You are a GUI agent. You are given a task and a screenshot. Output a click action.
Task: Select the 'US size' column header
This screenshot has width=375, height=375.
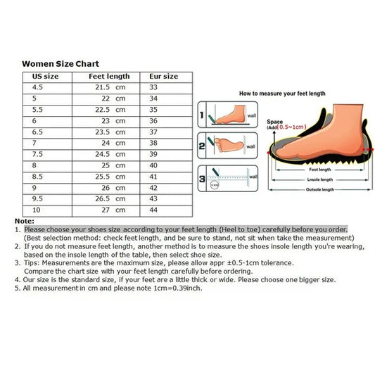(45, 76)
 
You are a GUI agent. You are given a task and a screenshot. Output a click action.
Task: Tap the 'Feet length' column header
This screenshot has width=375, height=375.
(109, 76)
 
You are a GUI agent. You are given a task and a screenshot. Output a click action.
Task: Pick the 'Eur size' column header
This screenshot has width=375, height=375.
(165, 76)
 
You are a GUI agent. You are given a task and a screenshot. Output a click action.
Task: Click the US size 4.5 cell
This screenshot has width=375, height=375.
(39, 87)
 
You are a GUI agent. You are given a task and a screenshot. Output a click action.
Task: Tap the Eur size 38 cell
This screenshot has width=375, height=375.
(154, 143)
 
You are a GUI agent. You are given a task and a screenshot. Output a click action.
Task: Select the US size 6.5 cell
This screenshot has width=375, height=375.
(39, 132)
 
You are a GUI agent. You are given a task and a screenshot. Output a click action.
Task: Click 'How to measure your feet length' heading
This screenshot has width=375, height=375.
(282, 93)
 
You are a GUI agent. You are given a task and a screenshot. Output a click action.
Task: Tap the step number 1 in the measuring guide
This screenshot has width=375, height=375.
(201, 114)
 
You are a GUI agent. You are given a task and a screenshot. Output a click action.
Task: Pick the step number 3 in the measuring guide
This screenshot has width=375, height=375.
(201, 179)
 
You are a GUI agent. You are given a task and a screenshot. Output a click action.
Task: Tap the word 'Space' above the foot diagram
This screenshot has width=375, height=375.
(274, 122)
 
